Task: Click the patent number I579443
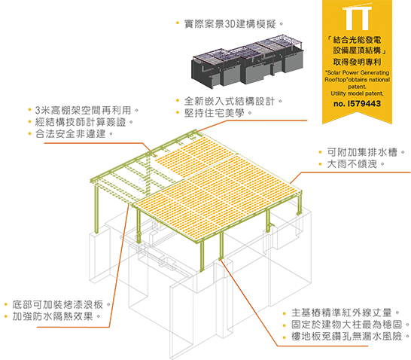click(357, 104)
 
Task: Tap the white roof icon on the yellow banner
click(358, 17)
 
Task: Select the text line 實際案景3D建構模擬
click(230, 24)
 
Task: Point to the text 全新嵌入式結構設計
click(230, 101)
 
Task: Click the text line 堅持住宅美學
click(215, 113)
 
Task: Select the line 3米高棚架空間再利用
click(83, 111)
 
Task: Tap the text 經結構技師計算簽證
click(81, 122)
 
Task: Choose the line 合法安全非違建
click(70, 134)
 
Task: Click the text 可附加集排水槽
click(362, 152)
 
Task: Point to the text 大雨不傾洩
click(352, 164)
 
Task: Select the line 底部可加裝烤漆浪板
click(58, 305)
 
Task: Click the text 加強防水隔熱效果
click(53, 316)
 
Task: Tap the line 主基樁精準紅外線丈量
click(342, 313)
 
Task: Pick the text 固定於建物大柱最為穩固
click(347, 325)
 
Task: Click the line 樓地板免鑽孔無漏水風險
click(347, 337)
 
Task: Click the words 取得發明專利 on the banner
click(357, 62)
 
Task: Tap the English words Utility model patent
click(357, 93)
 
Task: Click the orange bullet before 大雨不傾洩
click(320, 164)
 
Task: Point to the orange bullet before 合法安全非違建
click(29, 134)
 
